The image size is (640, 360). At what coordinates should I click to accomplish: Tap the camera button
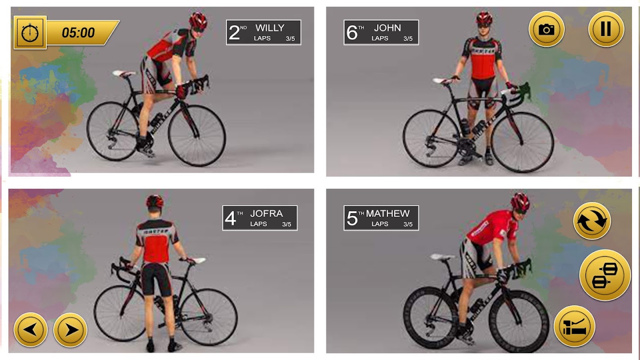pyautogui.click(x=546, y=29)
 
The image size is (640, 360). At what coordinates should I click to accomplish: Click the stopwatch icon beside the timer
pyautogui.click(x=30, y=32)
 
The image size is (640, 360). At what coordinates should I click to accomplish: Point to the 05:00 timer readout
pyautogui.click(x=78, y=32)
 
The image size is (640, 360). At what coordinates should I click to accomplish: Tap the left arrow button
pyautogui.click(x=31, y=330)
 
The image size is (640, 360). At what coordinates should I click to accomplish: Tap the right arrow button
pyautogui.click(x=70, y=330)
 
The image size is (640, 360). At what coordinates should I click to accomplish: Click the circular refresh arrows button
pyautogui.click(x=592, y=220)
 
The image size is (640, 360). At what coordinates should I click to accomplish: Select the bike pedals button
pyautogui.click(x=605, y=275)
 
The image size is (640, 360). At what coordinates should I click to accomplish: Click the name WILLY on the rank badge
pyautogui.click(x=270, y=28)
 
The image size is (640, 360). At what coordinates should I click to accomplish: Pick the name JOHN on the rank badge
pyautogui.click(x=388, y=28)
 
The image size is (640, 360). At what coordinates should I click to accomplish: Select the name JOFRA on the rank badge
pyautogui.click(x=266, y=213)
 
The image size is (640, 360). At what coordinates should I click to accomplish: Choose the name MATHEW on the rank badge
pyautogui.click(x=388, y=213)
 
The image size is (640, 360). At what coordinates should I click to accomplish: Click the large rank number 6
pyautogui.click(x=352, y=32)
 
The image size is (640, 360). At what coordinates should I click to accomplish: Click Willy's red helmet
pyautogui.click(x=198, y=21)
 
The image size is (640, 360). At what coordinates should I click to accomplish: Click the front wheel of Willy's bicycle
pyautogui.click(x=197, y=135)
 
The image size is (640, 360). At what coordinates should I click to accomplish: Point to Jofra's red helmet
pyautogui.click(x=154, y=202)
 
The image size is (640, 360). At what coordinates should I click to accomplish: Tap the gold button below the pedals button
pyautogui.click(x=575, y=326)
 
